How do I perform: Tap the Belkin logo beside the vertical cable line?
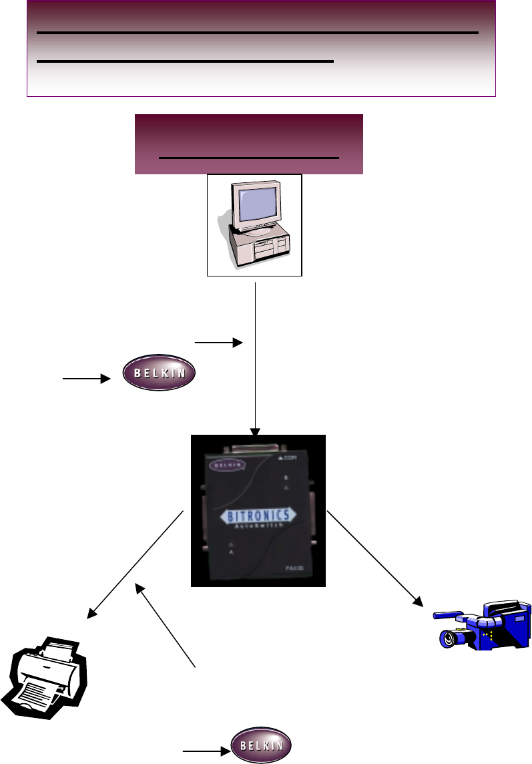coord(160,373)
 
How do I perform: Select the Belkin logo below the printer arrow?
coord(261,745)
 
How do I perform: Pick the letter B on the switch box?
coord(286,478)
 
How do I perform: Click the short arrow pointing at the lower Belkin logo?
coord(206,751)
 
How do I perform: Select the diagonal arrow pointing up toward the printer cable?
coord(167,625)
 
